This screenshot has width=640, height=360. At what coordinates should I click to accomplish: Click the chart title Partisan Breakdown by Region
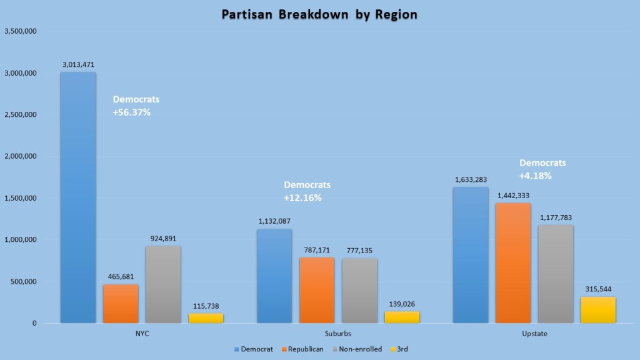click(x=319, y=14)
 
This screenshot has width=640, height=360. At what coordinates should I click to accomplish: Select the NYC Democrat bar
click(x=78, y=197)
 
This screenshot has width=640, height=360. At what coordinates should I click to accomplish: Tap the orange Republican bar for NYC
click(x=121, y=304)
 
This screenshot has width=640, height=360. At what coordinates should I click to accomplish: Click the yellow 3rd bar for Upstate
click(x=598, y=310)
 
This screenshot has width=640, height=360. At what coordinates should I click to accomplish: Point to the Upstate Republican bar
click(x=513, y=262)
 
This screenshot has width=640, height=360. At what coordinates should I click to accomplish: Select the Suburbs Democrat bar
click(x=274, y=276)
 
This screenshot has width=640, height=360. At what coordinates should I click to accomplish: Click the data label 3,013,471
click(x=78, y=64)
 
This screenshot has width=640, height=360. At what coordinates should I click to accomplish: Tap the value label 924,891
click(x=163, y=238)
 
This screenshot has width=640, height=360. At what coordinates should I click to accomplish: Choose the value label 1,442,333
click(x=513, y=196)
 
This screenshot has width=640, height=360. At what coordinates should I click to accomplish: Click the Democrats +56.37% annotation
click(x=136, y=106)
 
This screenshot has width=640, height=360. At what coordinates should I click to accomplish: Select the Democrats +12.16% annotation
click(x=307, y=191)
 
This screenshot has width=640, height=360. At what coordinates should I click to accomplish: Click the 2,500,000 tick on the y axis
click(x=21, y=115)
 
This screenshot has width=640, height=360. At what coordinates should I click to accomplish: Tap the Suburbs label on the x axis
click(x=338, y=334)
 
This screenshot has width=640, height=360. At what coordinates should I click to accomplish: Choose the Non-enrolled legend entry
click(x=359, y=349)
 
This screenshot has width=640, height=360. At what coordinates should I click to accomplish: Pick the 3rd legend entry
click(x=400, y=349)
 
